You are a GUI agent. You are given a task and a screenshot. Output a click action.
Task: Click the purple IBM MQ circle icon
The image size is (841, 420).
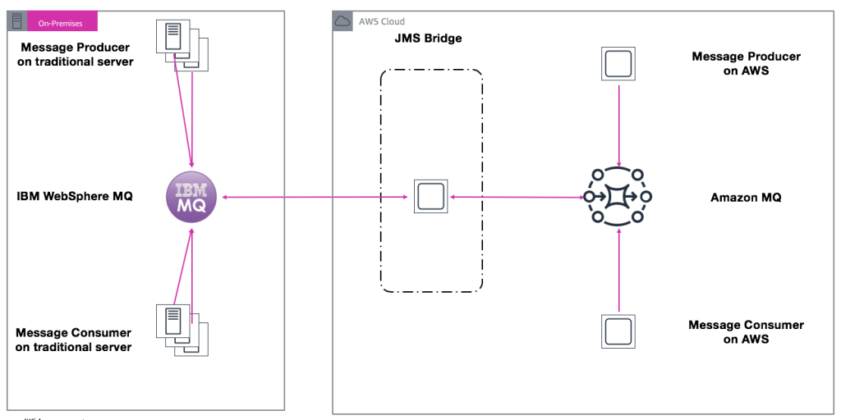click(x=192, y=197)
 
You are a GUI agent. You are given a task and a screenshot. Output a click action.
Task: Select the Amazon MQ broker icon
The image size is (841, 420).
click(x=618, y=197)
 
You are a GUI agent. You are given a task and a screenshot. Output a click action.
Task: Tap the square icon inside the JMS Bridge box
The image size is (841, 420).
click(x=430, y=197)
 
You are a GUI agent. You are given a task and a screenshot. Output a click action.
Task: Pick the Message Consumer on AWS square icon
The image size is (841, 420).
click(x=618, y=331)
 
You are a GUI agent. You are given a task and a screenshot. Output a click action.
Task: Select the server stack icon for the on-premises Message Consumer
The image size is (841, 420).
click(x=180, y=327)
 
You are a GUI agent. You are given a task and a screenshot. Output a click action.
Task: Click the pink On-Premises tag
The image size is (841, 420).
click(x=62, y=23)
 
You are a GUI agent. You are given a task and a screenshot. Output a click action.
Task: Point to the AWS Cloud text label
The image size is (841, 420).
click(x=381, y=22)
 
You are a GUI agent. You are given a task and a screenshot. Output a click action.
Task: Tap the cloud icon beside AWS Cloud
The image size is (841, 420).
click(x=342, y=22)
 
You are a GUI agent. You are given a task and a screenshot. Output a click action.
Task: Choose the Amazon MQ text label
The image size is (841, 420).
click(x=746, y=198)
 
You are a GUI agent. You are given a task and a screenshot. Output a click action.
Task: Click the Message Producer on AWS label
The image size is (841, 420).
click(x=746, y=63)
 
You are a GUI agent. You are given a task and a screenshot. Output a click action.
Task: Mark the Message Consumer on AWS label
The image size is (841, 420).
click(x=746, y=332)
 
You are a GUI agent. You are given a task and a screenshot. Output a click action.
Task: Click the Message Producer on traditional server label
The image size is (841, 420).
click(x=75, y=55)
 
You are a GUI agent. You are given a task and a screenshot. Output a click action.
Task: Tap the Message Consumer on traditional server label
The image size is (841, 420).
click(x=74, y=340)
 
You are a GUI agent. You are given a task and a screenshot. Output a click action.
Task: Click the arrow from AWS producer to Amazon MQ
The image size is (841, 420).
click(x=618, y=123)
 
